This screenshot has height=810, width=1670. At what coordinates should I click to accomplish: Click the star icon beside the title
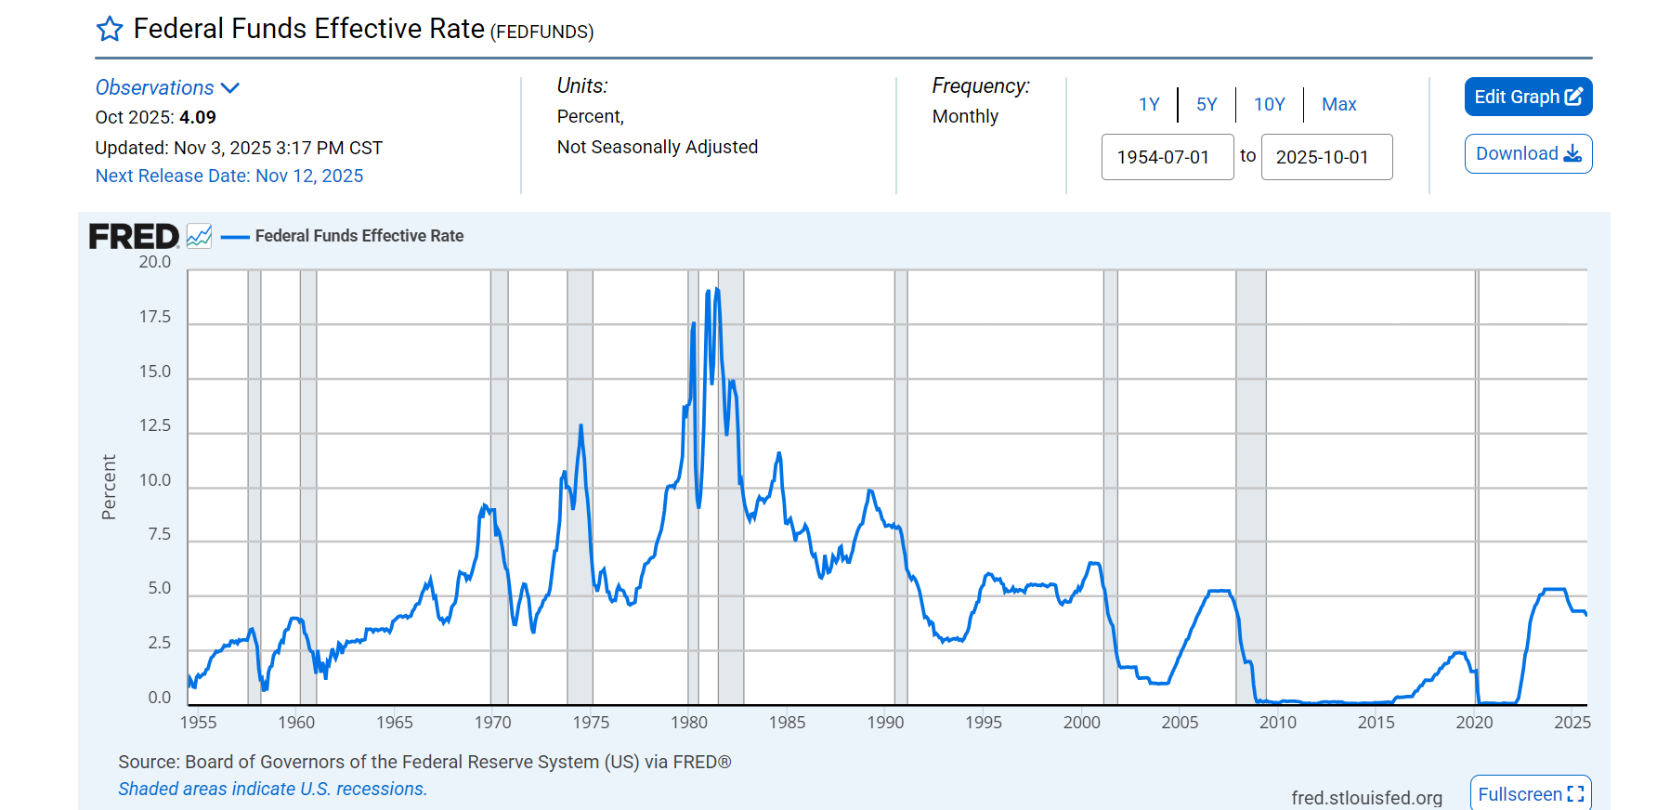tap(110, 30)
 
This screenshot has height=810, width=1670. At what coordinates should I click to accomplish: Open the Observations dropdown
tap(167, 87)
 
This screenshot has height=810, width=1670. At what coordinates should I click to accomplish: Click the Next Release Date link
tap(228, 176)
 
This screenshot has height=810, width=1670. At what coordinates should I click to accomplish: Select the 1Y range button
tap(1149, 104)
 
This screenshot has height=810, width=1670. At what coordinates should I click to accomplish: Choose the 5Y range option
tap(1207, 104)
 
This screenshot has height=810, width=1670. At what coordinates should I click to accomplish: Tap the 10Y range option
tap(1269, 104)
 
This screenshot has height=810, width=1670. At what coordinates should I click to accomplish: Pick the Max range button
tap(1338, 104)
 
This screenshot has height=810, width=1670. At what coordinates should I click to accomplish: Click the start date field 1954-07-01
tap(1167, 157)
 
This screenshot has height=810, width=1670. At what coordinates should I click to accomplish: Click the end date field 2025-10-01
tap(1325, 157)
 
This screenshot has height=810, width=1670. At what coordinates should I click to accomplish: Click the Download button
tap(1528, 154)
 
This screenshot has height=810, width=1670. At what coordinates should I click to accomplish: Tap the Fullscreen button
tap(1530, 794)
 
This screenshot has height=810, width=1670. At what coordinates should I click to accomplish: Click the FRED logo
tap(134, 237)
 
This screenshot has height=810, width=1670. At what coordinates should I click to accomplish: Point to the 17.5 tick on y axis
tap(155, 317)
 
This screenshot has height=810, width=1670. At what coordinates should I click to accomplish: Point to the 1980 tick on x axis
tap(689, 722)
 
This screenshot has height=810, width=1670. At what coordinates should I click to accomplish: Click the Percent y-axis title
tap(109, 487)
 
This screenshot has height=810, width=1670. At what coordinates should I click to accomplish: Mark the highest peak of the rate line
tap(716, 289)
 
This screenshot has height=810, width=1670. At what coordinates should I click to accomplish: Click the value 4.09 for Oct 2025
tap(197, 117)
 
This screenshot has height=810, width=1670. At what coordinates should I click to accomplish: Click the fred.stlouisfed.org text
tap(1365, 797)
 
